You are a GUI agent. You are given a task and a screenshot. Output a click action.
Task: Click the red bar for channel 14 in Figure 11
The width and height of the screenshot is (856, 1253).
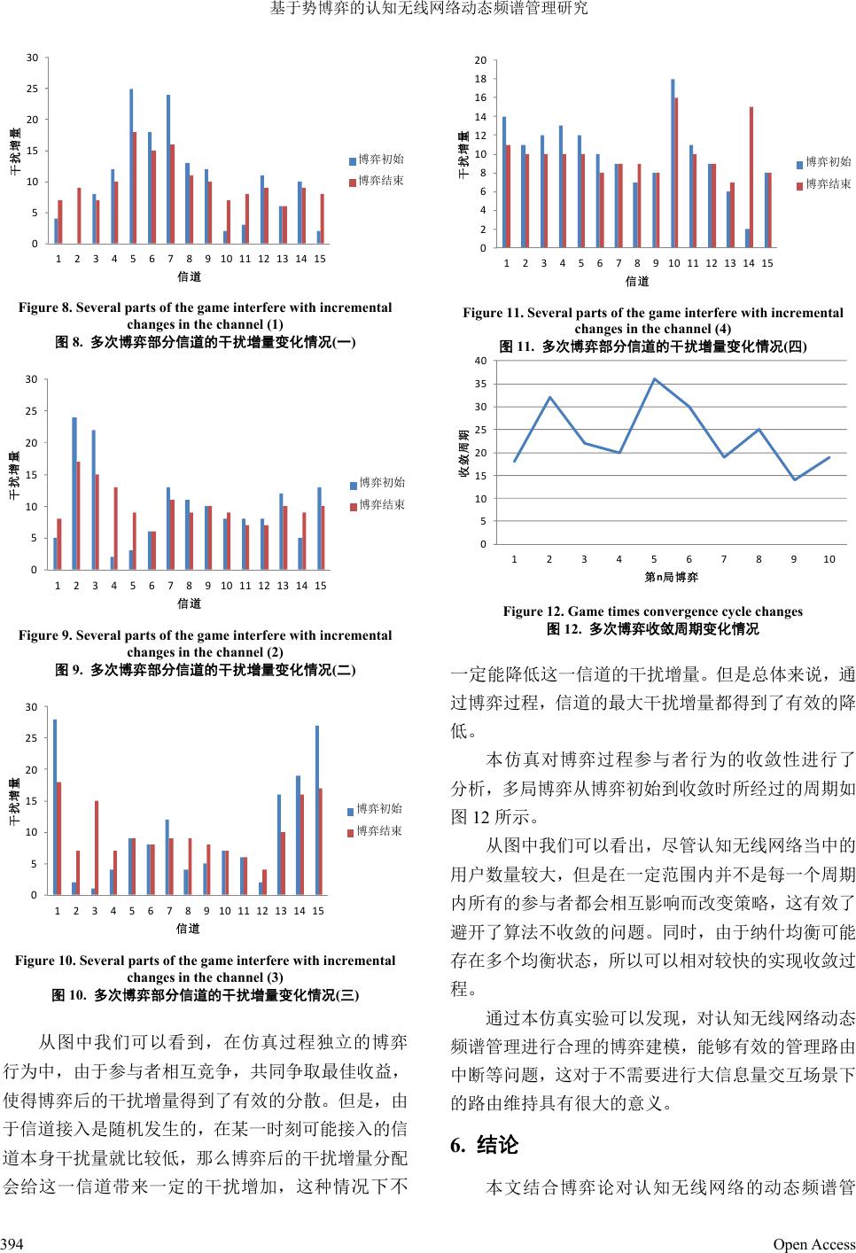pyautogui.click(x=751, y=177)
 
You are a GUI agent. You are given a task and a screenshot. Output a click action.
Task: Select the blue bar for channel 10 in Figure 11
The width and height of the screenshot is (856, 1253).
pyautogui.click(x=673, y=163)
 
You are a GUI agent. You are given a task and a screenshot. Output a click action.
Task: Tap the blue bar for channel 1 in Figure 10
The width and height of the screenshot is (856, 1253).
pyautogui.click(x=55, y=806)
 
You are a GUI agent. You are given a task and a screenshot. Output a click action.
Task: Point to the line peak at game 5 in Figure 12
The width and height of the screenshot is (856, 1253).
pyautogui.click(x=654, y=379)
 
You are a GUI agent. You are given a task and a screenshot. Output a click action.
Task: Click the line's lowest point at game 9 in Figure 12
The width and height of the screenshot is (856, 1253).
pyautogui.click(x=795, y=479)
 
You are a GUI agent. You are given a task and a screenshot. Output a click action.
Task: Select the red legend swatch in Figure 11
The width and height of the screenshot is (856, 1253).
pyautogui.click(x=800, y=185)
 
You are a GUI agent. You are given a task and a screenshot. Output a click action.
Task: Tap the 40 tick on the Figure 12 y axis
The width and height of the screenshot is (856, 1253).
pyautogui.click(x=479, y=361)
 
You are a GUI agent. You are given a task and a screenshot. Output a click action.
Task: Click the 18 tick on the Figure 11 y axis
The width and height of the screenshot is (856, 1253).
pyautogui.click(x=480, y=79)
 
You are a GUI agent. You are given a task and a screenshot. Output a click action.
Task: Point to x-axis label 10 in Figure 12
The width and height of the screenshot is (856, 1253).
pyautogui.click(x=829, y=559)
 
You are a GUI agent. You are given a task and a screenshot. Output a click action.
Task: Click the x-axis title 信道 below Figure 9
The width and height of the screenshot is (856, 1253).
pyautogui.click(x=190, y=603)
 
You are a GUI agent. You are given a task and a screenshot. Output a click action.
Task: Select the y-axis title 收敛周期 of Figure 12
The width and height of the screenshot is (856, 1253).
pyautogui.click(x=463, y=453)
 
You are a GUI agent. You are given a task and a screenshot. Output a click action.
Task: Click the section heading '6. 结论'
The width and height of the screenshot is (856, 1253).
pyautogui.click(x=484, y=1145)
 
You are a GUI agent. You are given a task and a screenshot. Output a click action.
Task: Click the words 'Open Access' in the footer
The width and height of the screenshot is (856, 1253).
pyautogui.click(x=814, y=1244)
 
